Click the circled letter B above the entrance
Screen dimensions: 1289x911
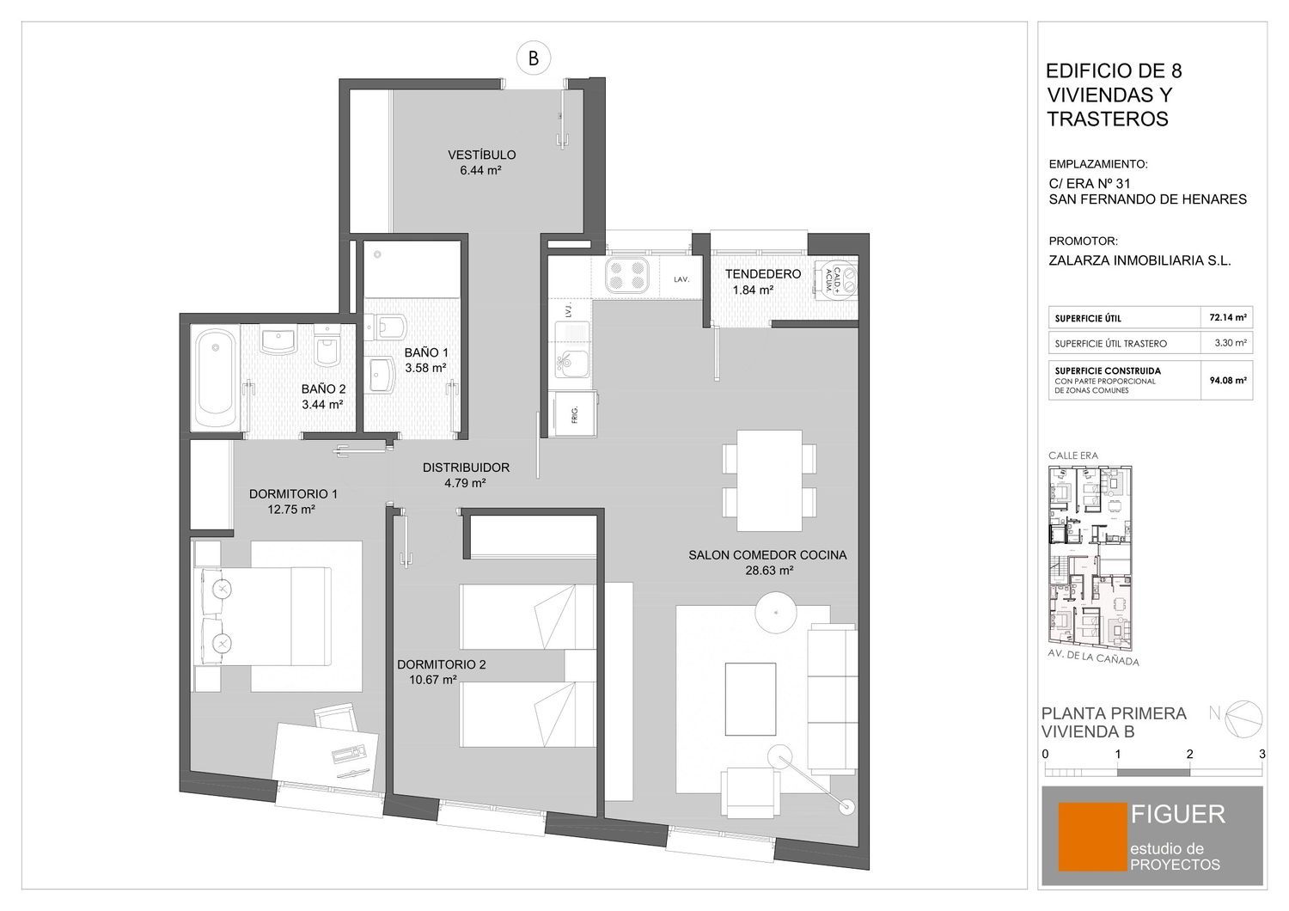tap(533, 58)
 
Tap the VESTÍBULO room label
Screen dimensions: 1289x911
tap(481, 155)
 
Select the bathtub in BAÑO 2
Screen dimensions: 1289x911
tap(215, 379)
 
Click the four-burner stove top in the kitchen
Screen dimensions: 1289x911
tap(626, 276)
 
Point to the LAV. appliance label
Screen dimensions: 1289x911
tap(681, 279)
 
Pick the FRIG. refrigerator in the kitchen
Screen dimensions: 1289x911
tap(574, 413)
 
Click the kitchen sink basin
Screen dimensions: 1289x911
tap(571, 364)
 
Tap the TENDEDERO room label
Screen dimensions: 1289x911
tap(762, 274)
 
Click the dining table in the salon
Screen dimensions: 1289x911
tap(769, 480)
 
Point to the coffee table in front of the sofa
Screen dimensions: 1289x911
tap(750, 699)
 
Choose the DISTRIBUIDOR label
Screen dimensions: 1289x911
tap(466, 468)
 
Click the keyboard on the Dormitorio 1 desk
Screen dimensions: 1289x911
tap(349, 753)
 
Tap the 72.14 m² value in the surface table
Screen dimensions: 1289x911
tap(1227, 317)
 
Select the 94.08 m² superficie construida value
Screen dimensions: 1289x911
tap(1227, 380)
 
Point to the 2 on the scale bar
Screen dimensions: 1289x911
tap(1189, 755)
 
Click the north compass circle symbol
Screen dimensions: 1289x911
tap(1243, 718)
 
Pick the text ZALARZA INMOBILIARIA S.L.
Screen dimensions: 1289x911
tap(1139, 260)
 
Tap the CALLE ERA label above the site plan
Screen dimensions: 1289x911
tap(1072, 455)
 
